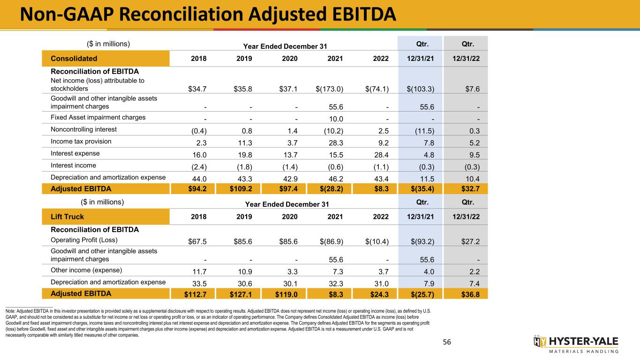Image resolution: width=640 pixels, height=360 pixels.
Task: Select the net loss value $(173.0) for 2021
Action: click(x=329, y=89)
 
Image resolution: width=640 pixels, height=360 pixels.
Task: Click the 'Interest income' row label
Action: click(x=74, y=165)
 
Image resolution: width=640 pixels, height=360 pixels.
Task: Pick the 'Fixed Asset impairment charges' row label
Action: click(x=98, y=117)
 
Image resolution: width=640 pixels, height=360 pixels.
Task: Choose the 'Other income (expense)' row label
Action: click(x=87, y=270)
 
